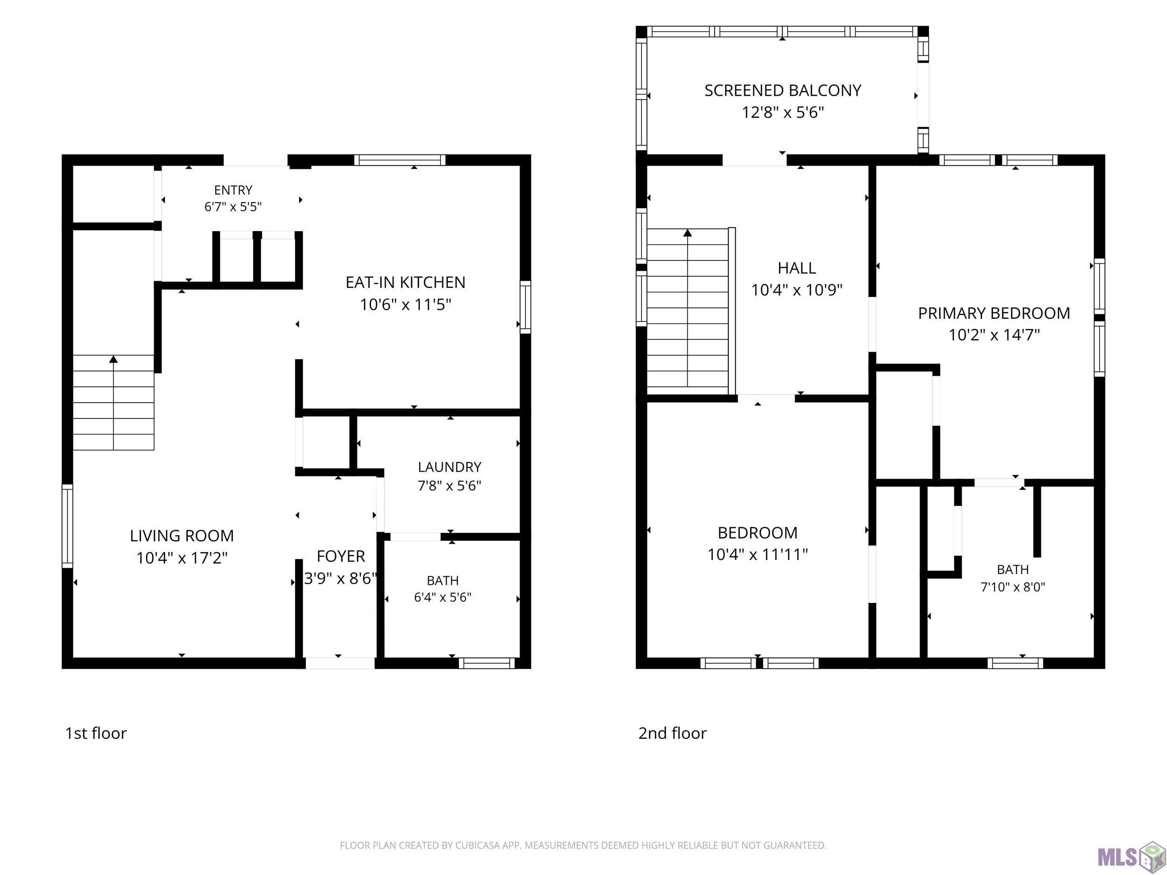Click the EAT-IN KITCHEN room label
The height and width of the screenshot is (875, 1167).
click(405, 283)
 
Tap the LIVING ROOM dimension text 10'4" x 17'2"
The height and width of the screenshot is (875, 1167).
click(182, 558)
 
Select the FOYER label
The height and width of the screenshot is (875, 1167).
click(341, 556)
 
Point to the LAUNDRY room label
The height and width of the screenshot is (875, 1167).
click(450, 467)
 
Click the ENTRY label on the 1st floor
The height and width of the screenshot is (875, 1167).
click(233, 190)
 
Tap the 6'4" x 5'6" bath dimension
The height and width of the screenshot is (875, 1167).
click(443, 598)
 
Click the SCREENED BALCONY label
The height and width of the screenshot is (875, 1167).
click(783, 91)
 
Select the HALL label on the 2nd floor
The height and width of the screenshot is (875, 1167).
click(797, 268)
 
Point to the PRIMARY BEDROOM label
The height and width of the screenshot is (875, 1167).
click(994, 313)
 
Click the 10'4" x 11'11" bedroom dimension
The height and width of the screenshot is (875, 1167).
click(758, 554)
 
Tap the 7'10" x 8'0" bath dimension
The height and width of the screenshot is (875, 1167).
click(1013, 587)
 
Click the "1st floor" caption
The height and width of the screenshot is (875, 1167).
click(96, 733)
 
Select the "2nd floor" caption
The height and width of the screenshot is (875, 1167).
click(672, 733)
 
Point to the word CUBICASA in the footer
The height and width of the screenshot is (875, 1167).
click(477, 846)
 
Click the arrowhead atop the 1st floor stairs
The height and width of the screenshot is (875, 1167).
click(113, 359)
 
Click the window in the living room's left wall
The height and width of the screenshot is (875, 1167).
click(68, 526)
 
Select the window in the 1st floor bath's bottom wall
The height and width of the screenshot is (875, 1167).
click(486, 663)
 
